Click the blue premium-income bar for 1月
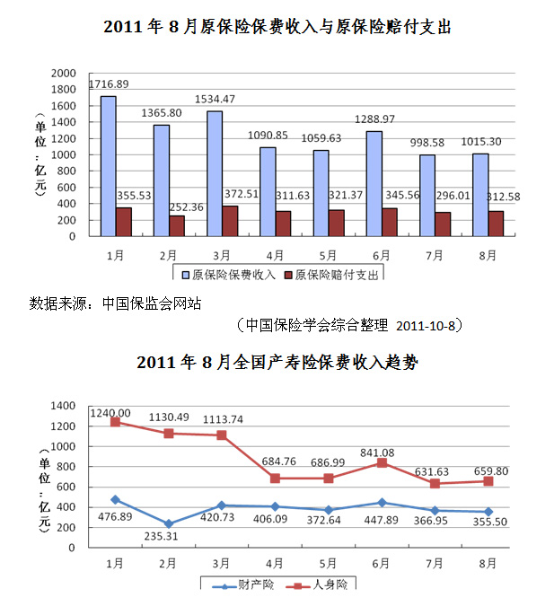click(x=108, y=166)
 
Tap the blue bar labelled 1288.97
click(x=374, y=183)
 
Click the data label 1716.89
click(x=108, y=84)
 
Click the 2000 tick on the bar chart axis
click(x=65, y=73)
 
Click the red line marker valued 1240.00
click(x=115, y=421)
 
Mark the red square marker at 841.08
click(x=382, y=462)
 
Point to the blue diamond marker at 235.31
click(x=169, y=523)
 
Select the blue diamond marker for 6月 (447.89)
click(x=382, y=502)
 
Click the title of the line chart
click(x=277, y=364)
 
